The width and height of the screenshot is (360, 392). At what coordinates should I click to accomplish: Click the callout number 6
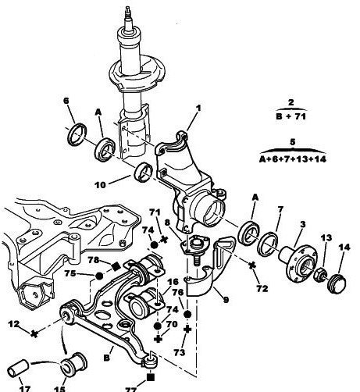coord(66,101)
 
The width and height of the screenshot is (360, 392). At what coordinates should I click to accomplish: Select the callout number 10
coord(100,185)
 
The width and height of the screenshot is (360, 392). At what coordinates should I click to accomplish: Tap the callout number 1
coord(198,108)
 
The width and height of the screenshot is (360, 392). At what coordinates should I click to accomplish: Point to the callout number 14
coord(344,247)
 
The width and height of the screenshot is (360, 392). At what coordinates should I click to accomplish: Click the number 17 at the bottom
coord(25,389)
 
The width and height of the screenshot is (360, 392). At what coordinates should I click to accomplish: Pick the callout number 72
coord(262,288)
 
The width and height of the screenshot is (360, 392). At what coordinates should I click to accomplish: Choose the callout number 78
coord(94,260)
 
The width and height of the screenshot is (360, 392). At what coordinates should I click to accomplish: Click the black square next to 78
coord(116,266)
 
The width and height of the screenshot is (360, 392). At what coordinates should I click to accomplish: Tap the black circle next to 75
coord(99,276)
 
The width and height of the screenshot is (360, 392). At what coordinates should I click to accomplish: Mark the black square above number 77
coord(151,377)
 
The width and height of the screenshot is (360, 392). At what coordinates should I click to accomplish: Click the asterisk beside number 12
coord(34,333)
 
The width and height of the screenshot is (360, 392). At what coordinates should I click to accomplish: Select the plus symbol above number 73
coord(187,330)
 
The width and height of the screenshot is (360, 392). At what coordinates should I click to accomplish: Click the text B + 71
coord(290,116)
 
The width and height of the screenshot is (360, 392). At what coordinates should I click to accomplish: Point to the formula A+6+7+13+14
coord(293,159)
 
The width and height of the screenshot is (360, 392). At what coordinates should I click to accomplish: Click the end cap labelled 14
coord(337,283)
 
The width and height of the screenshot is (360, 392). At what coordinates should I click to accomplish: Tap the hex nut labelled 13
coord(319,274)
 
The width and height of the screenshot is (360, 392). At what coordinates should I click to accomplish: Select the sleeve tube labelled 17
coord(19,368)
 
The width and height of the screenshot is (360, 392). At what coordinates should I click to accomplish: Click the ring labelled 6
coord(77,134)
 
